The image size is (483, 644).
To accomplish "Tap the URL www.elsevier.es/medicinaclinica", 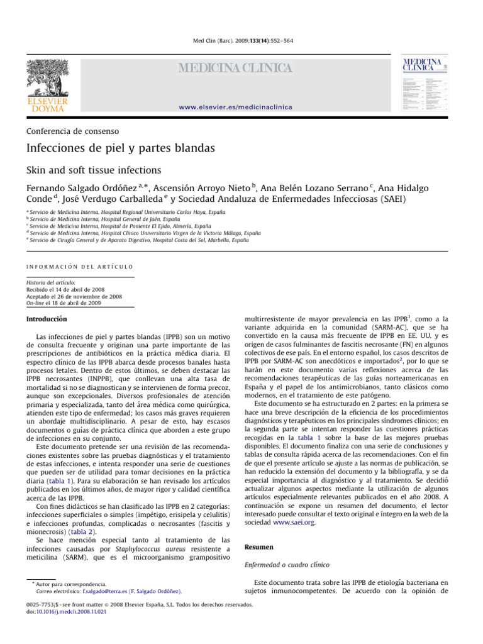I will pyautogui.click(x=235, y=108).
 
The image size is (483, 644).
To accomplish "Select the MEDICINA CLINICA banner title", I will pyautogui.click(x=236, y=68).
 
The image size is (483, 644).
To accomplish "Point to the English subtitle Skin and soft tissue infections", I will pyautogui.click(x=93, y=170).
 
